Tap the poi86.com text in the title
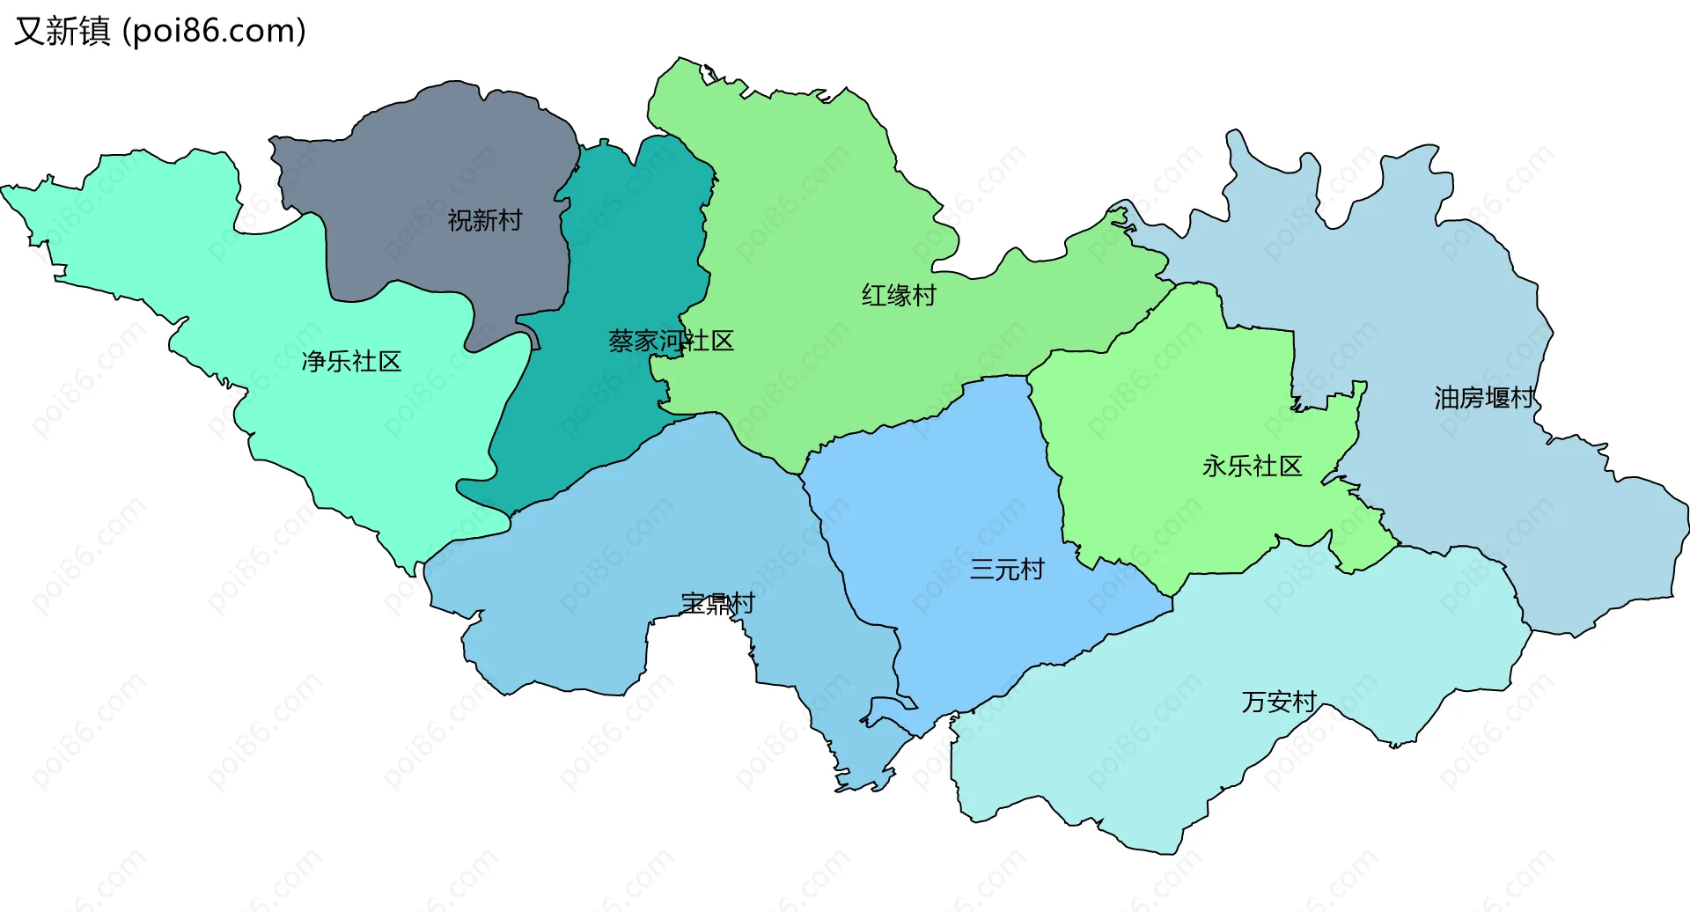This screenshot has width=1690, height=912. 215,31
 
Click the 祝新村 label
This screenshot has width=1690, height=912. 484,220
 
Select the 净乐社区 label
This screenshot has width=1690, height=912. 351,361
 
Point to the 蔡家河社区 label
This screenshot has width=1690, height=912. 671,341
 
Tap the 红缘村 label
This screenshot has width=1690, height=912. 899,295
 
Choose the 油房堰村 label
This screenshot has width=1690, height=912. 1484,398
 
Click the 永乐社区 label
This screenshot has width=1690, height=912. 1252,466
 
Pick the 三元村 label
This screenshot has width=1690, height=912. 1006,570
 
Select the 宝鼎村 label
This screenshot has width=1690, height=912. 717,604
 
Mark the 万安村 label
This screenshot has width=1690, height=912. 1278,702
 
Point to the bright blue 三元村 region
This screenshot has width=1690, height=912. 951,493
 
